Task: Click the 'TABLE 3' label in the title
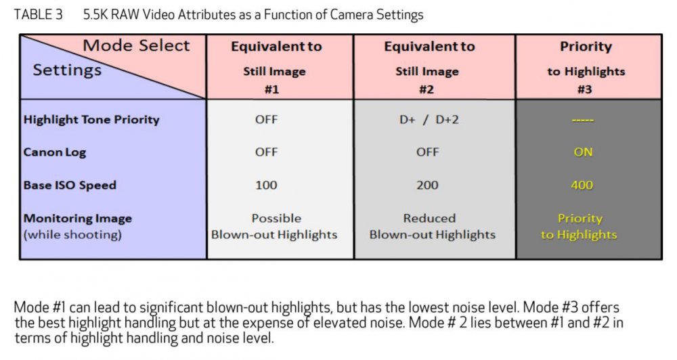[39, 15]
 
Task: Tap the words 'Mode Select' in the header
[136, 45]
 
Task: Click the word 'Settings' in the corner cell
[67, 70]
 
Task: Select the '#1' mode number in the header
[271, 89]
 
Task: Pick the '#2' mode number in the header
[427, 89]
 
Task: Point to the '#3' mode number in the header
[585, 89]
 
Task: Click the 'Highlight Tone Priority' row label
[91, 120]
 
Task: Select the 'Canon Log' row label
[55, 152]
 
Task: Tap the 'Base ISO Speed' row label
[70, 185]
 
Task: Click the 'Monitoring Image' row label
[78, 219]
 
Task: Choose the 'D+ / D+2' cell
[429, 120]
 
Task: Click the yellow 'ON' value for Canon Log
[583, 152]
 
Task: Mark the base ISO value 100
[266, 185]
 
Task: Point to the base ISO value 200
[427, 185]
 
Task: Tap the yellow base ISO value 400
[582, 185]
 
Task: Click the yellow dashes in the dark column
[583, 120]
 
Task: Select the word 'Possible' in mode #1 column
[276, 219]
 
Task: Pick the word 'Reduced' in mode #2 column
[429, 219]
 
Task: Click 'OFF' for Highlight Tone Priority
[266, 120]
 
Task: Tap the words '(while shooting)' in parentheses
[72, 235]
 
